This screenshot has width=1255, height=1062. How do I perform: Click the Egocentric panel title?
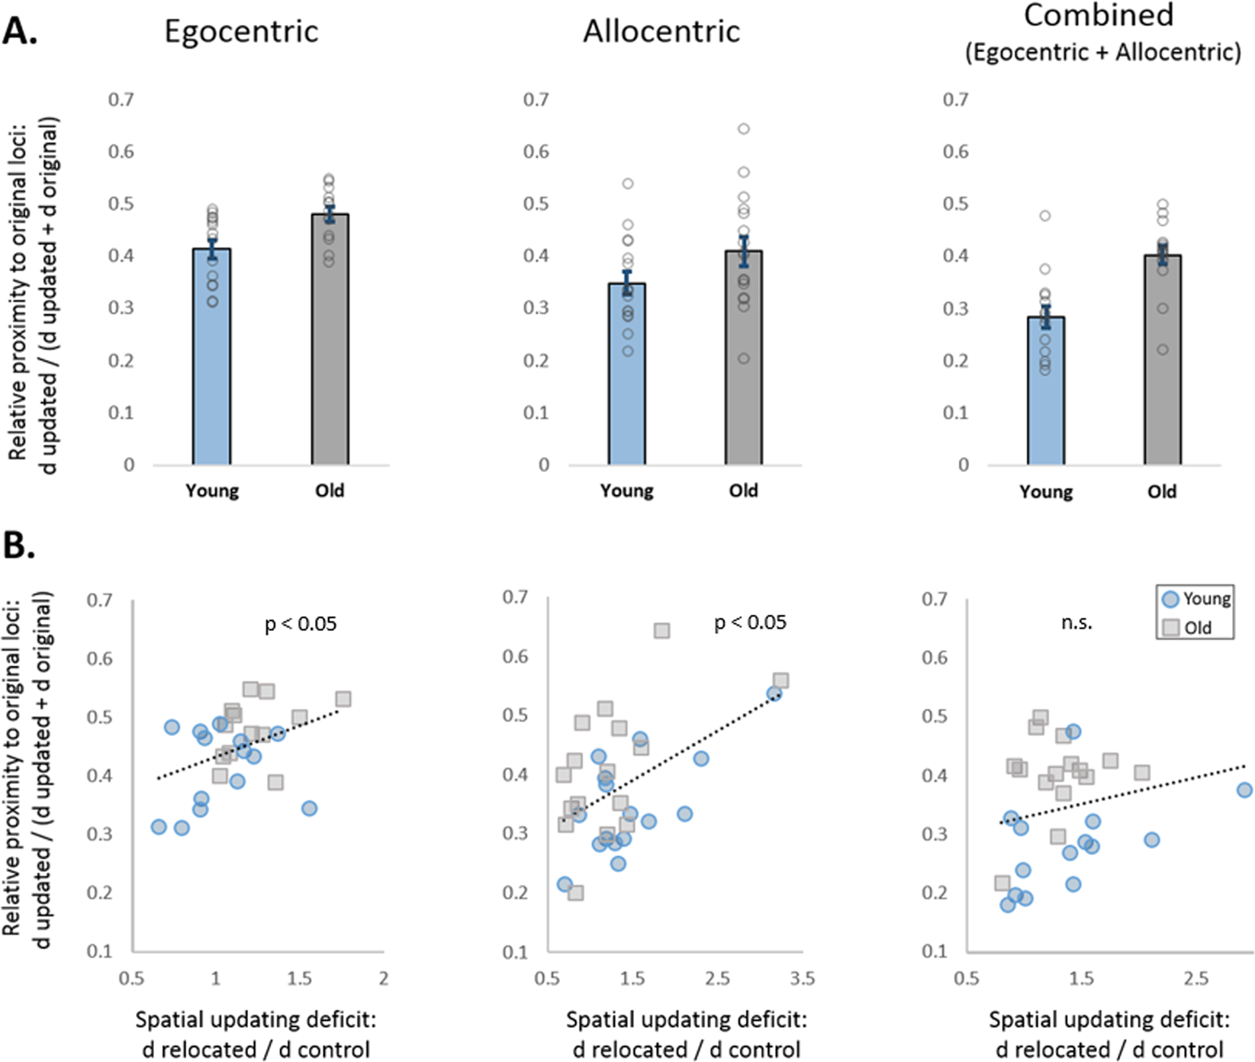pyautogui.click(x=241, y=32)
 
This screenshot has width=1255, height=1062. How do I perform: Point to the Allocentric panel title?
pyautogui.click(x=661, y=32)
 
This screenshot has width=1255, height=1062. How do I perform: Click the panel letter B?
pyautogui.click(x=19, y=545)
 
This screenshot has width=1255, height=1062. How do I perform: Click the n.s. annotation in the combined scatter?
pyautogui.click(x=1076, y=623)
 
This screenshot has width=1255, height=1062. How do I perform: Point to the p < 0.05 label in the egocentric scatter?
pyautogui.click(x=300, y=624)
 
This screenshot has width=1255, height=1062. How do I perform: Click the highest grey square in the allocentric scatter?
pyautogui.click(x=661, y=631)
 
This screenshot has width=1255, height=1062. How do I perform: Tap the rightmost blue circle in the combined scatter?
pyautogui.click(x=1244, y=790)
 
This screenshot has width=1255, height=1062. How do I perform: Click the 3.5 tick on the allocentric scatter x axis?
pyautogui.click(x=802, y=978)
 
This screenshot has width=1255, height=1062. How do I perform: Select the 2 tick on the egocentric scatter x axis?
pyautogui.click(x=383, y=978)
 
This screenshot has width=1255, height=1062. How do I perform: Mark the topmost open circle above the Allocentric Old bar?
pyautogui.click(x=743, y=129)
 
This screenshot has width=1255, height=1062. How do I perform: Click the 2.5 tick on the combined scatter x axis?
pyautogui.click(x=1195, y=978)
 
